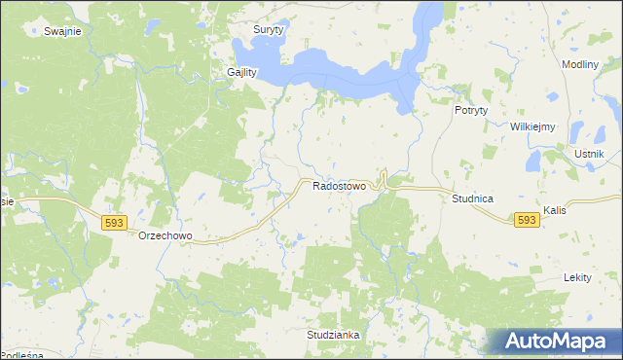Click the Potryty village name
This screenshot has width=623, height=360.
[x=471, y=111]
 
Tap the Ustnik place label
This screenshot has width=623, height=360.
[x=590, y=155]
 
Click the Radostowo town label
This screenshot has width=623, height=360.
[x=339, y=185]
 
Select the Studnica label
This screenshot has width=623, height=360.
[x=472, y=198]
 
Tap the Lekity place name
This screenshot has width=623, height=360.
[x=577, y=277]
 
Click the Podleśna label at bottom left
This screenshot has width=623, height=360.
[x=21, y=356]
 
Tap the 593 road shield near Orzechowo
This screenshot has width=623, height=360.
[x=113, y=223]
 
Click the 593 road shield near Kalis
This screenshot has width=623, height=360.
[x=527, y=221]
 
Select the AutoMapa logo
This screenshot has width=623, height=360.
[x=553, y=342]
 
